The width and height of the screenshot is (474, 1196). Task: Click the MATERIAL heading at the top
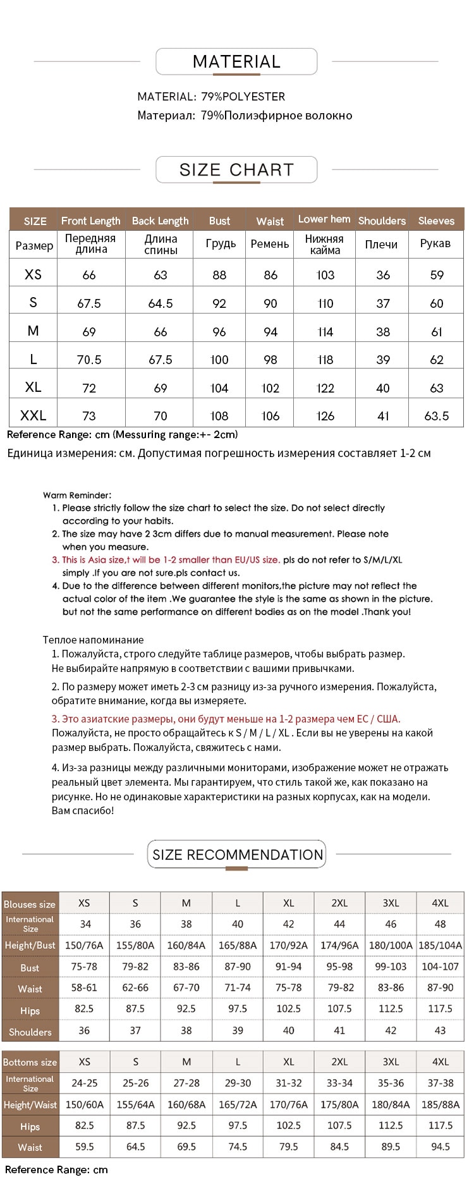point(236,62)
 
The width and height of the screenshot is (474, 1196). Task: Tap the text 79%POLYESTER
point(243,97)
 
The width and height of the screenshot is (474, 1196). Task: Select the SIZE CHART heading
point(236,170)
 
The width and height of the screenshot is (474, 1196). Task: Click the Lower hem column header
point(324,219)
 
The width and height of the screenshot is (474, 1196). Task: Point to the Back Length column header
point(160,221)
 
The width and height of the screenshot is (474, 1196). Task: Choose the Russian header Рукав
point(435,243)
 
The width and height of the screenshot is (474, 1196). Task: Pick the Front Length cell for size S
point(89,303)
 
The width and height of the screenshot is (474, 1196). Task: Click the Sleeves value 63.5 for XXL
point(437,416)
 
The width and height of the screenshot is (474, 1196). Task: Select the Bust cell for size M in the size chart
point(219,332)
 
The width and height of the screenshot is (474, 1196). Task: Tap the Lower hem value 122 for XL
point(325,388)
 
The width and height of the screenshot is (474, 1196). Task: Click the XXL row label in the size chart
point(33,416)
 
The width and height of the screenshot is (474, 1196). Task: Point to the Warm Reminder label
point(77,496)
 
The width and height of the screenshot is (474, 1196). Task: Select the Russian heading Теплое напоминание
point(93,640)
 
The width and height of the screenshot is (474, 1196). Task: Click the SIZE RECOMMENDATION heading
point(237,855)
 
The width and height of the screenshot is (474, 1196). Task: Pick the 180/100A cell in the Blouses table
point(391,946)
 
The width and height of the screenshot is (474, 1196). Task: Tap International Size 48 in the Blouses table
point(440,924)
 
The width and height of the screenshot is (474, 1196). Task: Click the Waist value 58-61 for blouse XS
point(84,988)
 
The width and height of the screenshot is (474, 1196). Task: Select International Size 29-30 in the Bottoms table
point(238,1083)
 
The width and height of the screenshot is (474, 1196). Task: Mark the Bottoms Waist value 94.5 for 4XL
point(440,1147)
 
